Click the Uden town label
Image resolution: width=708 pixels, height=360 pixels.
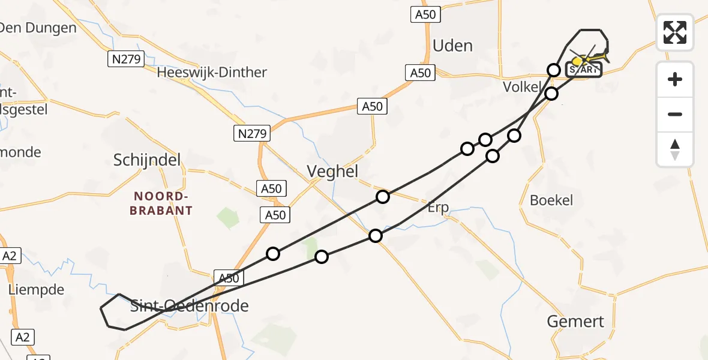tap(452, 46)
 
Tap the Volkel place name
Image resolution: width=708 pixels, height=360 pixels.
tap(521, 87)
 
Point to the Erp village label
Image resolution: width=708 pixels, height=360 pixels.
tap(438, 208)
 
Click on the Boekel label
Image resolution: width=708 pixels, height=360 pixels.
tap(551, 200)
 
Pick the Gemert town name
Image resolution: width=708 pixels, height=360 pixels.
tap(575, 322)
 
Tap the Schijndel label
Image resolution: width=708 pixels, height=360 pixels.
tap(147, 160)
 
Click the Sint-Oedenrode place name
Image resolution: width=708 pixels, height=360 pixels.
tap(189, 307)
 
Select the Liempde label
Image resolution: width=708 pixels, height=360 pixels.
tap(36, 290)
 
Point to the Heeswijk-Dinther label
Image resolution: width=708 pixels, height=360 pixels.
tap(211, 73)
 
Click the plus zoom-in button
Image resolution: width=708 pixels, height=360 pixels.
tap(675, 79)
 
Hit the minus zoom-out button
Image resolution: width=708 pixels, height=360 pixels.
tap(675, 114)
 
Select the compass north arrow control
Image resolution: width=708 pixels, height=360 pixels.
tap(675, 149)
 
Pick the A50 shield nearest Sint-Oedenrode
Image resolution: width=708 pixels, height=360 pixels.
tap(229, 278)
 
